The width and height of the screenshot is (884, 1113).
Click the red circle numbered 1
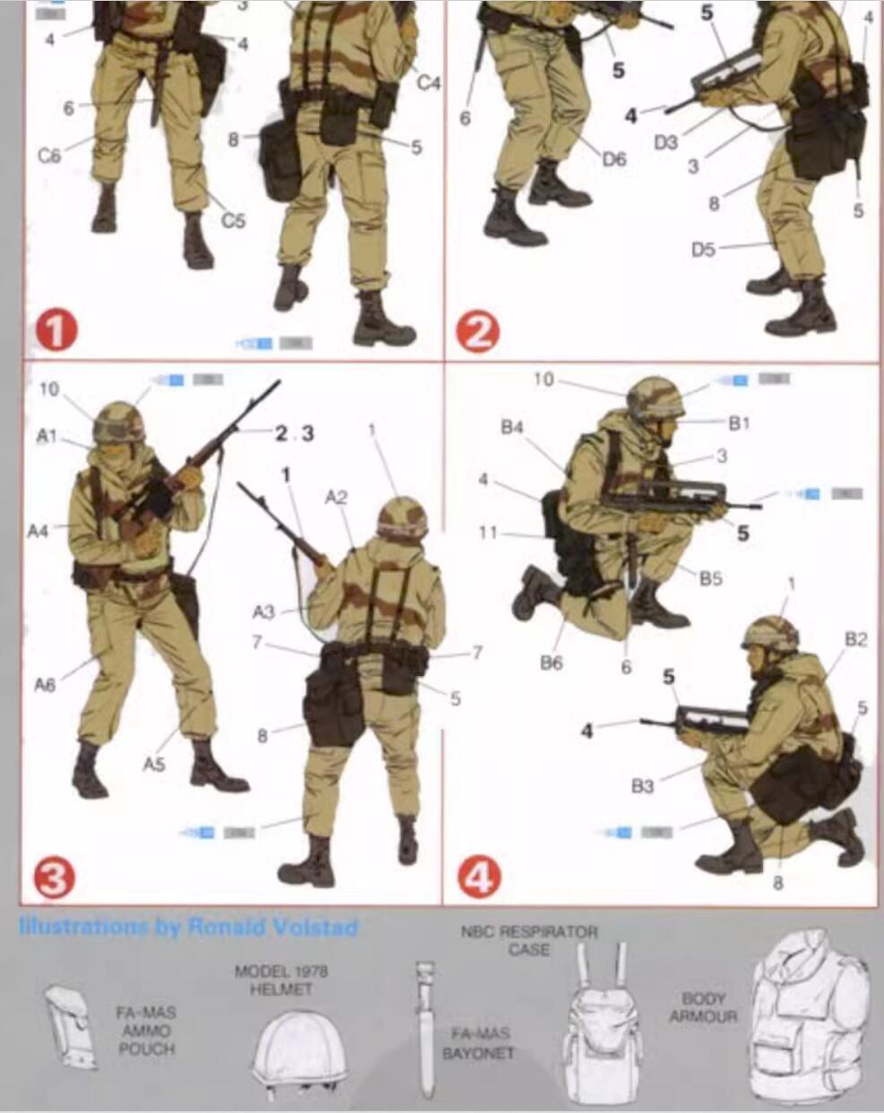(x=56, y=332)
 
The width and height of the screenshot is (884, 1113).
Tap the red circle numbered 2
(x=477, y=333)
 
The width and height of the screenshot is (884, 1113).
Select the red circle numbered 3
(x=54, y=880)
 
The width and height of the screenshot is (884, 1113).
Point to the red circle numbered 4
(x=479, y=878)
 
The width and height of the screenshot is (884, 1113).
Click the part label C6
(x=50, y=155)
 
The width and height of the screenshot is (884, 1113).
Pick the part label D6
(x=614, y=159)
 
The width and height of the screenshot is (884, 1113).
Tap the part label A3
(x=263, y=612)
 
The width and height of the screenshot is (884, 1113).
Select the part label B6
(x=551, y=664)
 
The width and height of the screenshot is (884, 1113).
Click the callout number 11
(x=487, y=533)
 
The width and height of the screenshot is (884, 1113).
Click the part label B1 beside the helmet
(x=738, y=423)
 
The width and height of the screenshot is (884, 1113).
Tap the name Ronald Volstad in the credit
(x=272, y=927)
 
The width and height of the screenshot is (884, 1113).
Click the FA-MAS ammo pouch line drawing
(x=70, y=1027)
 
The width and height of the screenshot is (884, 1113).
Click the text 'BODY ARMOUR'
(x=703, y=1007)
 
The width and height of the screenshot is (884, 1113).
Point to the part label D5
(x=703, y=249)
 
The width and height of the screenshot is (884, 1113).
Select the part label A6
(x=45, y=685)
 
